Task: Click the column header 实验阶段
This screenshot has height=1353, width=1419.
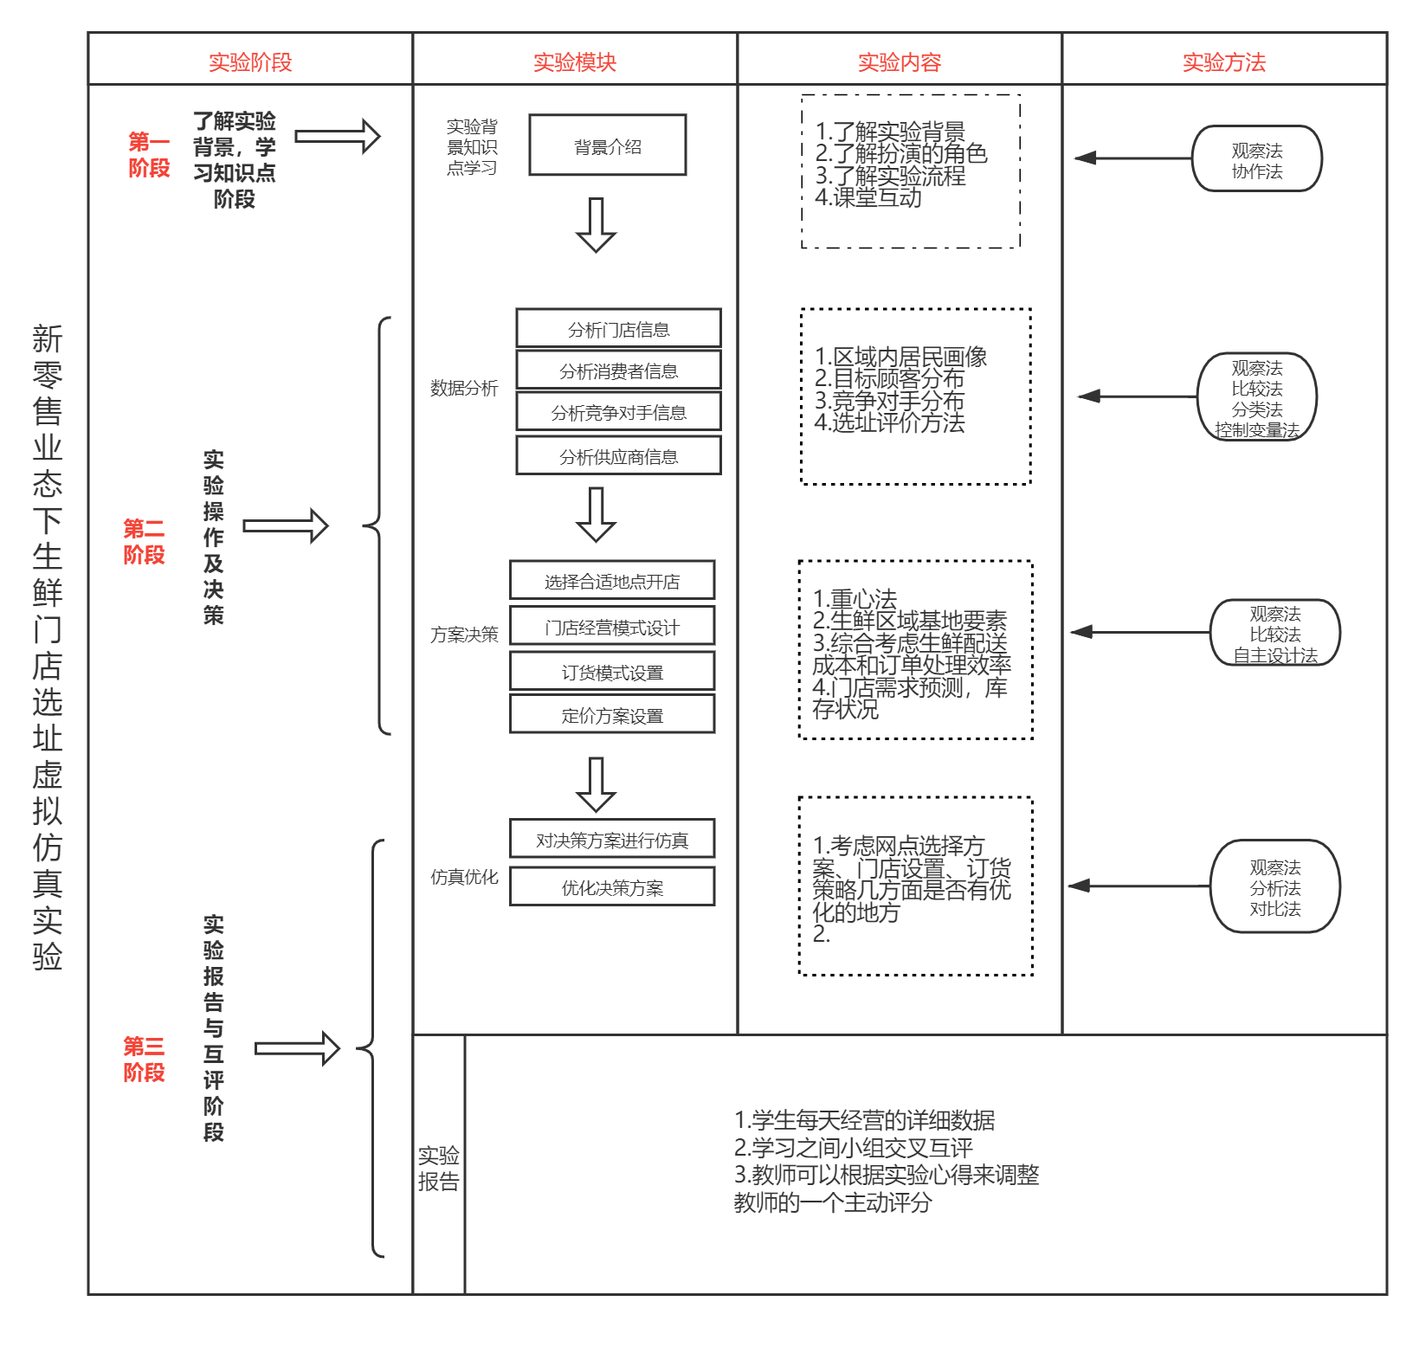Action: pos(250,62)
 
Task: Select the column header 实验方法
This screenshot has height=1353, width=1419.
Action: pos(1224,62)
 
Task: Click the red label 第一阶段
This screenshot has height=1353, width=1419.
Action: pos(149,154)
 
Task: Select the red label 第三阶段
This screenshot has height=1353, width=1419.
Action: pos(144,1059)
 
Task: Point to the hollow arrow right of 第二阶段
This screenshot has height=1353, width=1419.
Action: pos(286,525)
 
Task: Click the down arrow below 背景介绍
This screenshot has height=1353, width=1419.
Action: pos(597,225)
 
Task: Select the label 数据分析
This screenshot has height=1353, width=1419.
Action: pos(464,388)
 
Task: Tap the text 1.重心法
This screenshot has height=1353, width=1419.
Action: pos(855,598)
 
